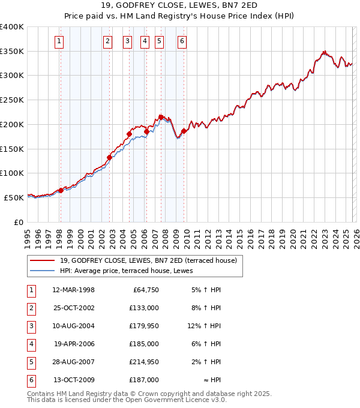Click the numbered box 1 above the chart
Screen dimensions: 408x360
(60, 41)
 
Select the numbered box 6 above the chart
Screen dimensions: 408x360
(182, 41)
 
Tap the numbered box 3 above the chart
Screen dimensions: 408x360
(128, 41)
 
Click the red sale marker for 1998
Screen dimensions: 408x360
(61, 191)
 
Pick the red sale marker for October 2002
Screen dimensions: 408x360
(110, 158)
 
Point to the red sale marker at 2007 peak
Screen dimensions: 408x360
(161, 117)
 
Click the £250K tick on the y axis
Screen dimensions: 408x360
(12, 100)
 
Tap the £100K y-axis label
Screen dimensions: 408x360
(12, 173)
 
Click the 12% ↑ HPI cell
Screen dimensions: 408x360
(204, 326)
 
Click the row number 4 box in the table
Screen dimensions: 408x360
(31, 344)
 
